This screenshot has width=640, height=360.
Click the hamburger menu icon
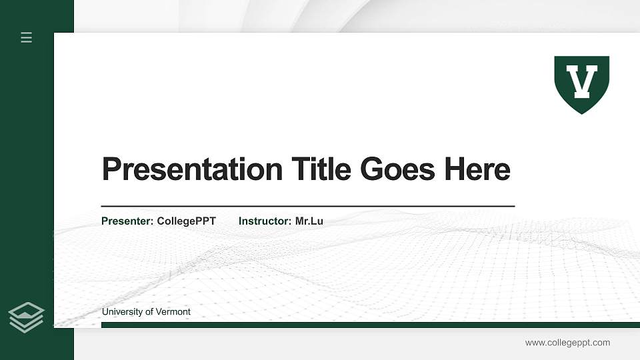pos(27,37)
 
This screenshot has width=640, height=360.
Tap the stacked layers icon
pos(27,317)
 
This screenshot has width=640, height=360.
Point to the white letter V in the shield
pos(582,81)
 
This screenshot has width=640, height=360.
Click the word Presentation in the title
pos(192,169)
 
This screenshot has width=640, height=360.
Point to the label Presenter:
pos(127,221)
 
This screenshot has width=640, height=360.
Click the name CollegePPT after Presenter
pos(186,221)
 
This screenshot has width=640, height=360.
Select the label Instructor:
pos(265,221)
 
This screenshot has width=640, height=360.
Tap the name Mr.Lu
pos(309,221)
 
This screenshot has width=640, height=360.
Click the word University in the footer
pos(123,312)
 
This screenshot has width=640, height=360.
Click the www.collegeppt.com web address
pos(567,343)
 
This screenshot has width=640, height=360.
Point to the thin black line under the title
pos(307,207)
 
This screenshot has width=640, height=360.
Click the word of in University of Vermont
pos(149,312)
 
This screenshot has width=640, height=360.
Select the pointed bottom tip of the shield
pos(582,112)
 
